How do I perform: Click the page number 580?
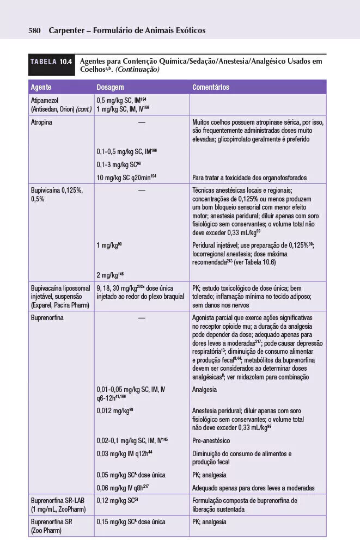pos(35,30)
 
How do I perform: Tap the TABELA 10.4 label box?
pos(51,62)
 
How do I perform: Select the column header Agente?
pos(41,87)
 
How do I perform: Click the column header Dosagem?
pos(111,87)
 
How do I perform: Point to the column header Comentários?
pos(211,87)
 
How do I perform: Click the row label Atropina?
pos(42,122)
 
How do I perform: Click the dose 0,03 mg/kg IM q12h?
pos(124,453)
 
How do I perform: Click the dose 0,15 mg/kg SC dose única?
pos(131,522)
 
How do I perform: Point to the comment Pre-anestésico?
pos(211,440)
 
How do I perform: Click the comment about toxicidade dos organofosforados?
pos(249,178)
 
